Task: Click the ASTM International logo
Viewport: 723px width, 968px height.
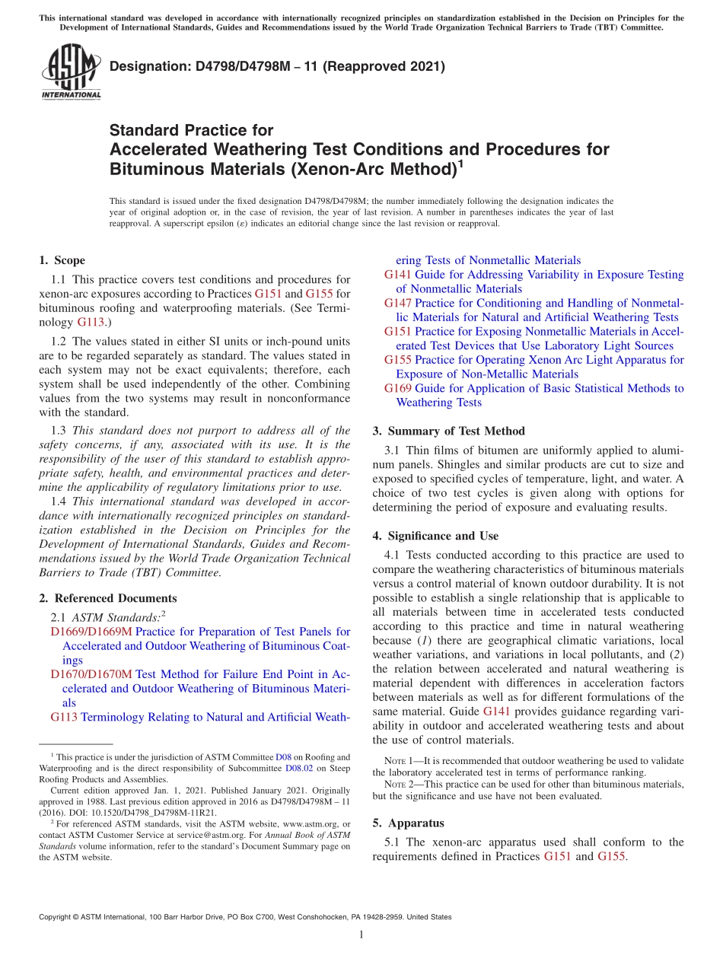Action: [70, 72]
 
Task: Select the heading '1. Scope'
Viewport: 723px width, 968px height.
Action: [62, 260]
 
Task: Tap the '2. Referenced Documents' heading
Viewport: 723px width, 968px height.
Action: [108, 598]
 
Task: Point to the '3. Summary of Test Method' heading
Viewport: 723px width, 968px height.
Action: [449, 431]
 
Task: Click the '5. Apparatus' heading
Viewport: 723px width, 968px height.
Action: [408, 823]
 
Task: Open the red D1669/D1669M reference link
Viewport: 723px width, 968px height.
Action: [91, 632]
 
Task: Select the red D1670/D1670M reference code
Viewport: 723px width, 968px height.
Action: [91, 674]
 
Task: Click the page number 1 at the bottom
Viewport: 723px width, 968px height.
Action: [361, 935]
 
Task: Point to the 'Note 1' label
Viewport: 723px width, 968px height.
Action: [400, 761]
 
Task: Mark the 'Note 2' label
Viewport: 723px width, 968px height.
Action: [400, 785]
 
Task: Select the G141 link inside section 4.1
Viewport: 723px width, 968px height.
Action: [496, 712]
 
